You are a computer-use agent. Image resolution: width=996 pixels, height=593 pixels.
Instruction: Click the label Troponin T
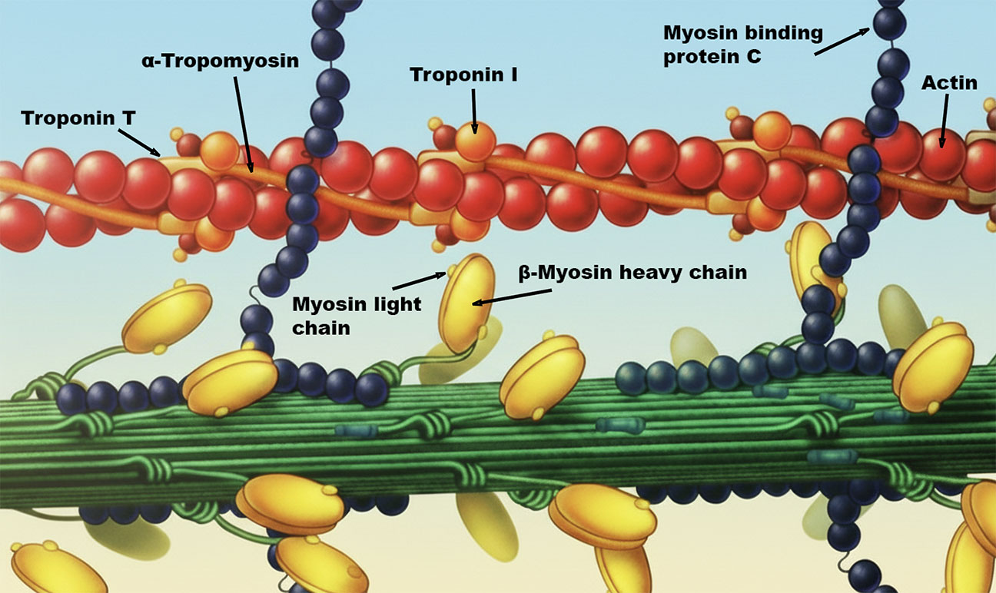[x=68, y=118]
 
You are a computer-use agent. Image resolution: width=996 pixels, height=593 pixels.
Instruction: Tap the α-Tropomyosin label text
[x=220, y=61]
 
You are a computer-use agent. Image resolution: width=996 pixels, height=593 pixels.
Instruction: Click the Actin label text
[x=949, y=83]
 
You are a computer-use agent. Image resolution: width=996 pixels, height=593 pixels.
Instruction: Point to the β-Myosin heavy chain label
[x=632, y=273]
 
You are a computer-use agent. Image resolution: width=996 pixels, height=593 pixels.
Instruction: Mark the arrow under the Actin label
[x=943, y=120]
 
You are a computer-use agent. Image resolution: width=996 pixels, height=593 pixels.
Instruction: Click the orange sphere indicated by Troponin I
[x=475, y=141]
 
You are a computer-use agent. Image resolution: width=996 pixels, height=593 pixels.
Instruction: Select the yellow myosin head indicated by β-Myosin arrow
[x=466, y=303]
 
